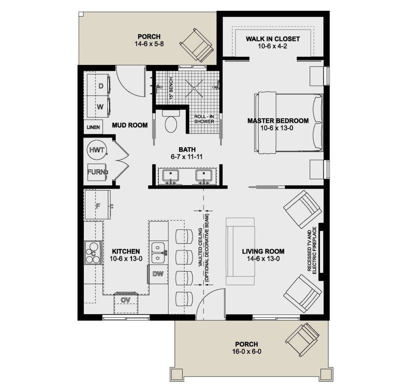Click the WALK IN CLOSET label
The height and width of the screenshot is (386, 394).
(x=273, y=39)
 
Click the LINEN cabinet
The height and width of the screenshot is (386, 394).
(x=93, y=127)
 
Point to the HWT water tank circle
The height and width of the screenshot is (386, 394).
(x=97, y=150)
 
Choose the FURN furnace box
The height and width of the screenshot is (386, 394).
(x=97, y=172)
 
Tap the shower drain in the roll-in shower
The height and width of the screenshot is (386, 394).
(x=194, y=88)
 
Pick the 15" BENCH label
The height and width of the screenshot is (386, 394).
(x=171, y=88)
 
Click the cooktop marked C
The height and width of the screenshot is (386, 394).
(x=93, y=253)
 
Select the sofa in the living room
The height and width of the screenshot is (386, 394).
(x=240, y=251)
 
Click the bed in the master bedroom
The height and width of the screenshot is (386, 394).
(x=289, y=123)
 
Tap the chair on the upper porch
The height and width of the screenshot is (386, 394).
(x=197, y=45)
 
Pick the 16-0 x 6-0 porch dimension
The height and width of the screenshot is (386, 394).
(x=247, y=352)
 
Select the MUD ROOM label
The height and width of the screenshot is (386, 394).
(x=130, y=125)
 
